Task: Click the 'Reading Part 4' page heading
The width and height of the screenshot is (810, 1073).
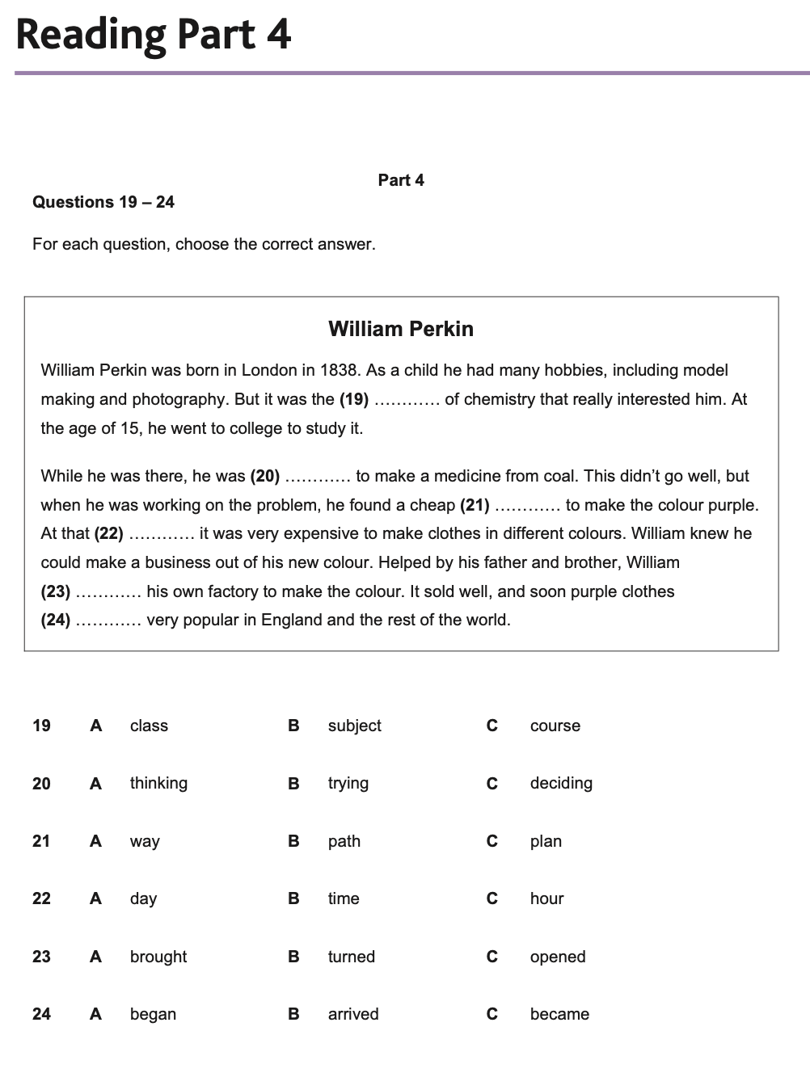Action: click(153, 35)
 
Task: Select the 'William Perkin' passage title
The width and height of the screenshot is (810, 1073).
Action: click(401, 329)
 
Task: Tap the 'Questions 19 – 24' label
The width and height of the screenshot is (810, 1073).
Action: click(103, 202)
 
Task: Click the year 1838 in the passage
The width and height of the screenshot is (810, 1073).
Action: click(339, 370)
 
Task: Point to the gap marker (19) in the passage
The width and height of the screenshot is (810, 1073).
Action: click(354, 399)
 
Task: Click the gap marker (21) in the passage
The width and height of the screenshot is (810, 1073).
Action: click(475, 505)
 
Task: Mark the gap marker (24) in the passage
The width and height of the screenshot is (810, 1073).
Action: click(56, 620)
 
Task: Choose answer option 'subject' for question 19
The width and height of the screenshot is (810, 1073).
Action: click(354, 726)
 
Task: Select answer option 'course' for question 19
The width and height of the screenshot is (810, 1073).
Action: click(555, 726)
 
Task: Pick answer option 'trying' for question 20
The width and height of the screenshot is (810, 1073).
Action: click(348, 783)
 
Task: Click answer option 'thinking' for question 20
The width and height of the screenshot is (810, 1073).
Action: click(158, 783)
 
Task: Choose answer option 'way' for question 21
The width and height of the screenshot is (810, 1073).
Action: click(145, 841)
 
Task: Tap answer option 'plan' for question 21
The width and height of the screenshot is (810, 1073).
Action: click(546, 841)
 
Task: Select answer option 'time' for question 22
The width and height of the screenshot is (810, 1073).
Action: click(344, 898)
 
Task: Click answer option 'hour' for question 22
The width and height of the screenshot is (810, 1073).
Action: click(546, 898)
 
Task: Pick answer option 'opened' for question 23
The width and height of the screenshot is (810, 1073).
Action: click(558, 957)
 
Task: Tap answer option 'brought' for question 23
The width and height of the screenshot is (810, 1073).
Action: click(158, 957)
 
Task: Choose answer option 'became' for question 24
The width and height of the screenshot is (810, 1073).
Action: click(559, 1014)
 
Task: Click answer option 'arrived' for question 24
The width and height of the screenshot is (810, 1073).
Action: click(353, 1014)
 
